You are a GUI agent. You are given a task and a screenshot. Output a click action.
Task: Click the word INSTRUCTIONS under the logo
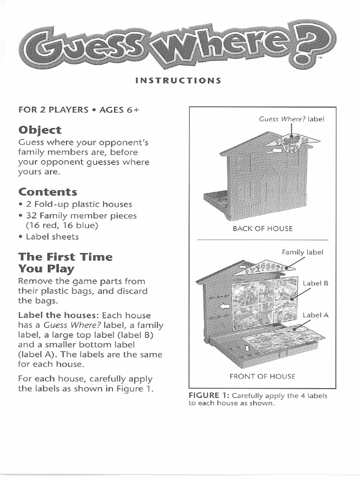click(178, 80)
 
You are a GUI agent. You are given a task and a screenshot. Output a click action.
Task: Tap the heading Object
click(40, 130)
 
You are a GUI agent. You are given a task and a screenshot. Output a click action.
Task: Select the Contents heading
click(47, 192)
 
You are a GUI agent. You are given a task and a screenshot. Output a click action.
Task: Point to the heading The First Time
click(65, 257)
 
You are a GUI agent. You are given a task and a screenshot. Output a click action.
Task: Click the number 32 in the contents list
click(32, 216)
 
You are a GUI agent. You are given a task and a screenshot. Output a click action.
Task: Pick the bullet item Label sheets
click(52, 236)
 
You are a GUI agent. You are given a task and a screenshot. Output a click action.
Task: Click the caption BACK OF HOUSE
click(262, 228)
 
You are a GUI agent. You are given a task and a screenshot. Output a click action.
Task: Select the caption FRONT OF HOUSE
click(262, 376)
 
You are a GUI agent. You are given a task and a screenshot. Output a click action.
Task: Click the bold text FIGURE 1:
click(209, 396)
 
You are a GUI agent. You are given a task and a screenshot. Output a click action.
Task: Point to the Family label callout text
click(302, 252)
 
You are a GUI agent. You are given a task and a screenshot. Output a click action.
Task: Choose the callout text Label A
click(315, 315)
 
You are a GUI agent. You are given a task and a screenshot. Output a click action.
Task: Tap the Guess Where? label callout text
click(292, 119)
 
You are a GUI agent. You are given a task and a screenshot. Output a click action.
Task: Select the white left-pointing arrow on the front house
click(225, 306)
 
